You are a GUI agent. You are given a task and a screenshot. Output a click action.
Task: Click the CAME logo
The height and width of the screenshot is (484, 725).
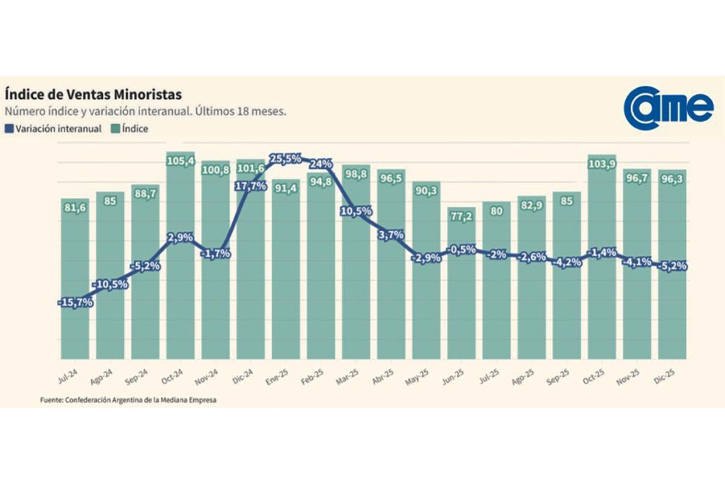(x=668, y=108)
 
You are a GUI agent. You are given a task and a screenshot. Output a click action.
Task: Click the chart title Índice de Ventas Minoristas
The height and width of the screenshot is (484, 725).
(x=93, y=94)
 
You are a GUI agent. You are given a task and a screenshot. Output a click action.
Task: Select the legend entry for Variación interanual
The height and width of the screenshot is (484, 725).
(x=53, y=129)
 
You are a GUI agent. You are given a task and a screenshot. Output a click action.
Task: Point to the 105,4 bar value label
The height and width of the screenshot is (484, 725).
(x=181, y=162)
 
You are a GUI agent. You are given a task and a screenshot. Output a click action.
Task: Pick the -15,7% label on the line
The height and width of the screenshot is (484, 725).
(x=76, y=303)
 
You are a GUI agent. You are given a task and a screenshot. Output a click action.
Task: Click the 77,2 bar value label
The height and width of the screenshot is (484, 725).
(x=462, y=216)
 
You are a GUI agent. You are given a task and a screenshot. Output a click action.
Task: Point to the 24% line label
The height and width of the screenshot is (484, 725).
(x=321, y=164)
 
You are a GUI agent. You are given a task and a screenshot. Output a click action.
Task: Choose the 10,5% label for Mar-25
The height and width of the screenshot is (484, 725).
(x=356, y=211)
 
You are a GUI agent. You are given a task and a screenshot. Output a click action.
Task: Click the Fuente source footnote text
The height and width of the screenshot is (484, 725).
(x=127, y=400)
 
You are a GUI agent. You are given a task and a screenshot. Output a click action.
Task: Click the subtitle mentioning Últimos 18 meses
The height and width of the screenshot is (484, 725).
(x=145, y=112)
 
